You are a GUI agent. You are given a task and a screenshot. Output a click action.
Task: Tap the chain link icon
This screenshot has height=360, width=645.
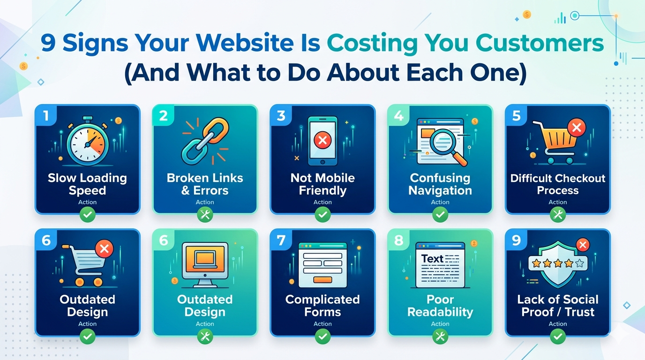[x=205, y=141]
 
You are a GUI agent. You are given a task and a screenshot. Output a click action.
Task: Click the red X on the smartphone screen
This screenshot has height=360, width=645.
[x=322, y=140]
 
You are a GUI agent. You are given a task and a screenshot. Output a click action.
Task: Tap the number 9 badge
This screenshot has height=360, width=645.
[x=516, y=240]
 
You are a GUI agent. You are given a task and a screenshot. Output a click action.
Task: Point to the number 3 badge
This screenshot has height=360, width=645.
[x=281, y=116]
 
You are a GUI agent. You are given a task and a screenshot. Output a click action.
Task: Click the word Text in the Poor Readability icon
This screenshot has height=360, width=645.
[x=432, y=259]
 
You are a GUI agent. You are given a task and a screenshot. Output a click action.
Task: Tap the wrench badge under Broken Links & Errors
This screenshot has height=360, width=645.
[x=205, y=215]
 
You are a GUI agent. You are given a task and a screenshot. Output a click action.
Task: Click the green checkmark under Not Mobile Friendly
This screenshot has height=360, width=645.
[x=322, y=215]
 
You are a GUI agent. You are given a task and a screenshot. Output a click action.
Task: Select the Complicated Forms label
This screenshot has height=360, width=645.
[x=322, y=306]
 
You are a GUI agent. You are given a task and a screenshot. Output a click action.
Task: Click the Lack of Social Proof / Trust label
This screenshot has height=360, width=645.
[x=558, y=306]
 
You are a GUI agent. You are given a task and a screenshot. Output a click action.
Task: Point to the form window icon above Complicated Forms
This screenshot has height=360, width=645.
[x=322, y=264]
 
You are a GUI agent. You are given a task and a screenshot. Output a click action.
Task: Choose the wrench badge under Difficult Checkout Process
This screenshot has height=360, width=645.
[x=558, y=215]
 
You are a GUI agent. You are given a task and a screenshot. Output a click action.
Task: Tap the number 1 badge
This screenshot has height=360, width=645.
[x=46, y=116]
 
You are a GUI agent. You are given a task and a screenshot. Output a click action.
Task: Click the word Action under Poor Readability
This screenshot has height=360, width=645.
[x=440, y=324]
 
